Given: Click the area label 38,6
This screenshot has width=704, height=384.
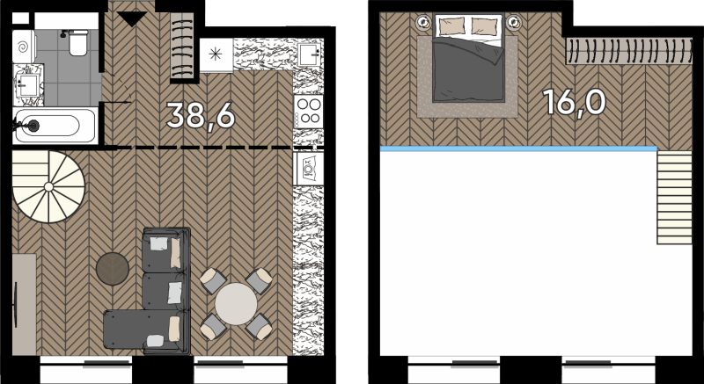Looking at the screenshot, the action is (201, 116).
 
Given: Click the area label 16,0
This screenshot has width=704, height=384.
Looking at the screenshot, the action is (575, 102).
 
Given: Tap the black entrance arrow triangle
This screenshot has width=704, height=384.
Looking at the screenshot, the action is (131, 18).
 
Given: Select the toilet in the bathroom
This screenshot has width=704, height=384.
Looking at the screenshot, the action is (77, 42).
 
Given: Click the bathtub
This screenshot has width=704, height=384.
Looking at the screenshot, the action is (55, 126).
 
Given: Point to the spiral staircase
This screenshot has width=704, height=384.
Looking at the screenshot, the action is (48, 186).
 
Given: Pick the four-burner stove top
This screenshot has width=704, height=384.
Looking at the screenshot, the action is (309, 111).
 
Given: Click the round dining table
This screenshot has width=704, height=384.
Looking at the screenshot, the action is (236, 304).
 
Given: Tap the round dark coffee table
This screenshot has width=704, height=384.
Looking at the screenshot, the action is (113, 269).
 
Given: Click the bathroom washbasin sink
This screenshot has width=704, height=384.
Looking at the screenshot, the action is (28, 85).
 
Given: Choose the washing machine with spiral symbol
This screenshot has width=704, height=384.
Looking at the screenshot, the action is (24, 47).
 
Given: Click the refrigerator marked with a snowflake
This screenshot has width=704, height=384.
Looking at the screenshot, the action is (216, 55).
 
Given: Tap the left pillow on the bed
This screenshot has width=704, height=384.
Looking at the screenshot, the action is (451, 26).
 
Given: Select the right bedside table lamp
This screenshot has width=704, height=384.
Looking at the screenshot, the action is (514, 21).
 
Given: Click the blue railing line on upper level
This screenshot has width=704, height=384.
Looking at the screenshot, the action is (518, 149).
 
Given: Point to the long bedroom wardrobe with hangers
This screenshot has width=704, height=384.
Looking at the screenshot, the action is (628, 51).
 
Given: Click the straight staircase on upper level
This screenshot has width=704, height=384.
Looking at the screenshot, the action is (674, 198).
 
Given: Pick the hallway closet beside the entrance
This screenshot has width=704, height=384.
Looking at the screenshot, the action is (182, 46).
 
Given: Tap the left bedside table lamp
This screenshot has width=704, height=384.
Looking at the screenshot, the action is (423, 21).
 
